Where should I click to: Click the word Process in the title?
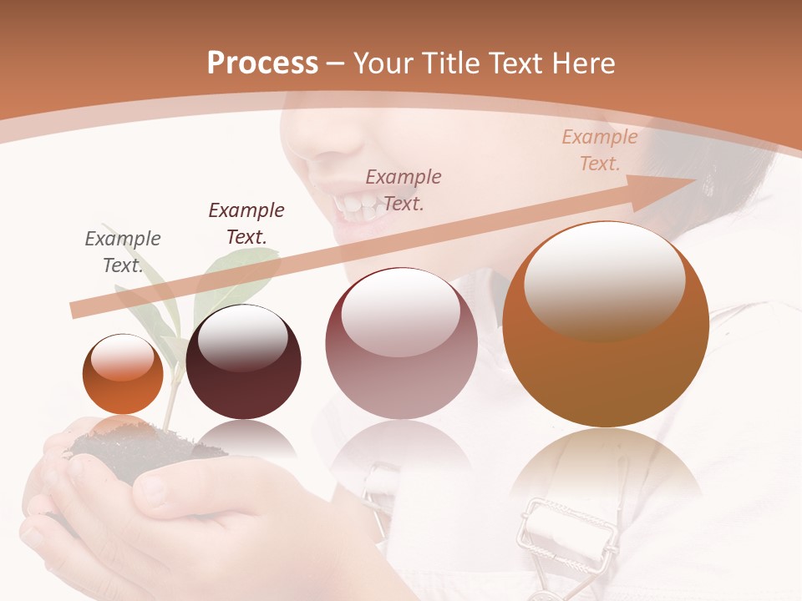[x=262, y=63]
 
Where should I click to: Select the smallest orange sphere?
[x=123, y=374]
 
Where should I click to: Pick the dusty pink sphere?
[x=401, y=344]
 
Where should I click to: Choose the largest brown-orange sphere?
[x=606, y=326]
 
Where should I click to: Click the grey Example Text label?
[x=123, y=252]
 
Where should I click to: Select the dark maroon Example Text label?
[x=246, y=224]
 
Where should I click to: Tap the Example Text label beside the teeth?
[x=404, y=190]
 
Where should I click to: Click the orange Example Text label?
[x=599, y=150]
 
